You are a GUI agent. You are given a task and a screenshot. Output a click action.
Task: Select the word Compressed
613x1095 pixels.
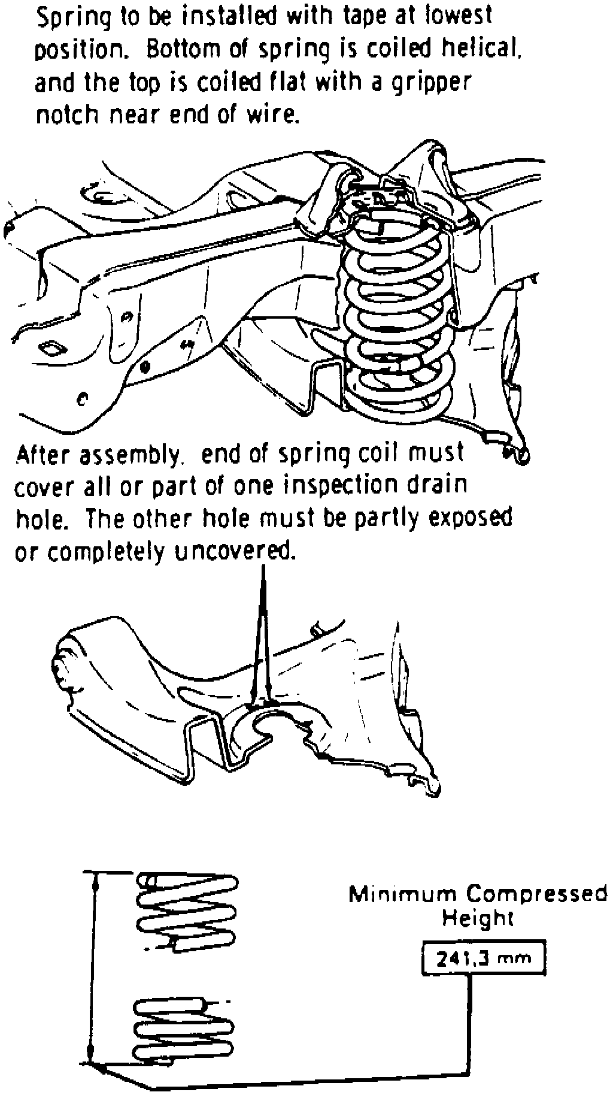pyautogui.click(x=536, y=895)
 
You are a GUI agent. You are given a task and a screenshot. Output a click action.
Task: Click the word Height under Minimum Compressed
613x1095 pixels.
pyautogui.click(x=478, y=918)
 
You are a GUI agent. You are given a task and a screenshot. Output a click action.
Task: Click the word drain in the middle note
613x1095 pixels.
pyautogui.click(x=436, y=483)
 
